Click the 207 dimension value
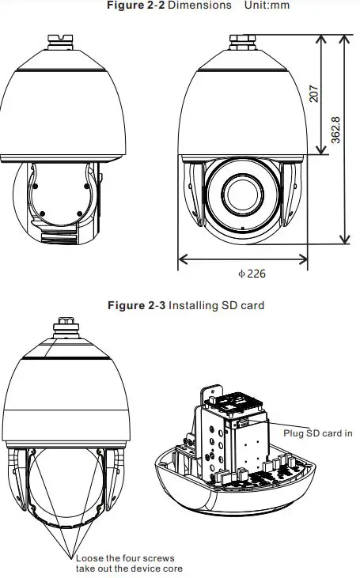tap(314, 94)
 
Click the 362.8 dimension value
tap(335, 130)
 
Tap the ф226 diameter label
tap(252, 274)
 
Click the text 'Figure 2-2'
tap(130, 6)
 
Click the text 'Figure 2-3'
tap(135, 304)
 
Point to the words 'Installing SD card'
tap(216, 304)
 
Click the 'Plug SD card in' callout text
tap(318, 433)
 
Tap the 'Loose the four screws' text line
tap(125, 558)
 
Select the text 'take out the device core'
tap(131, 569)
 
